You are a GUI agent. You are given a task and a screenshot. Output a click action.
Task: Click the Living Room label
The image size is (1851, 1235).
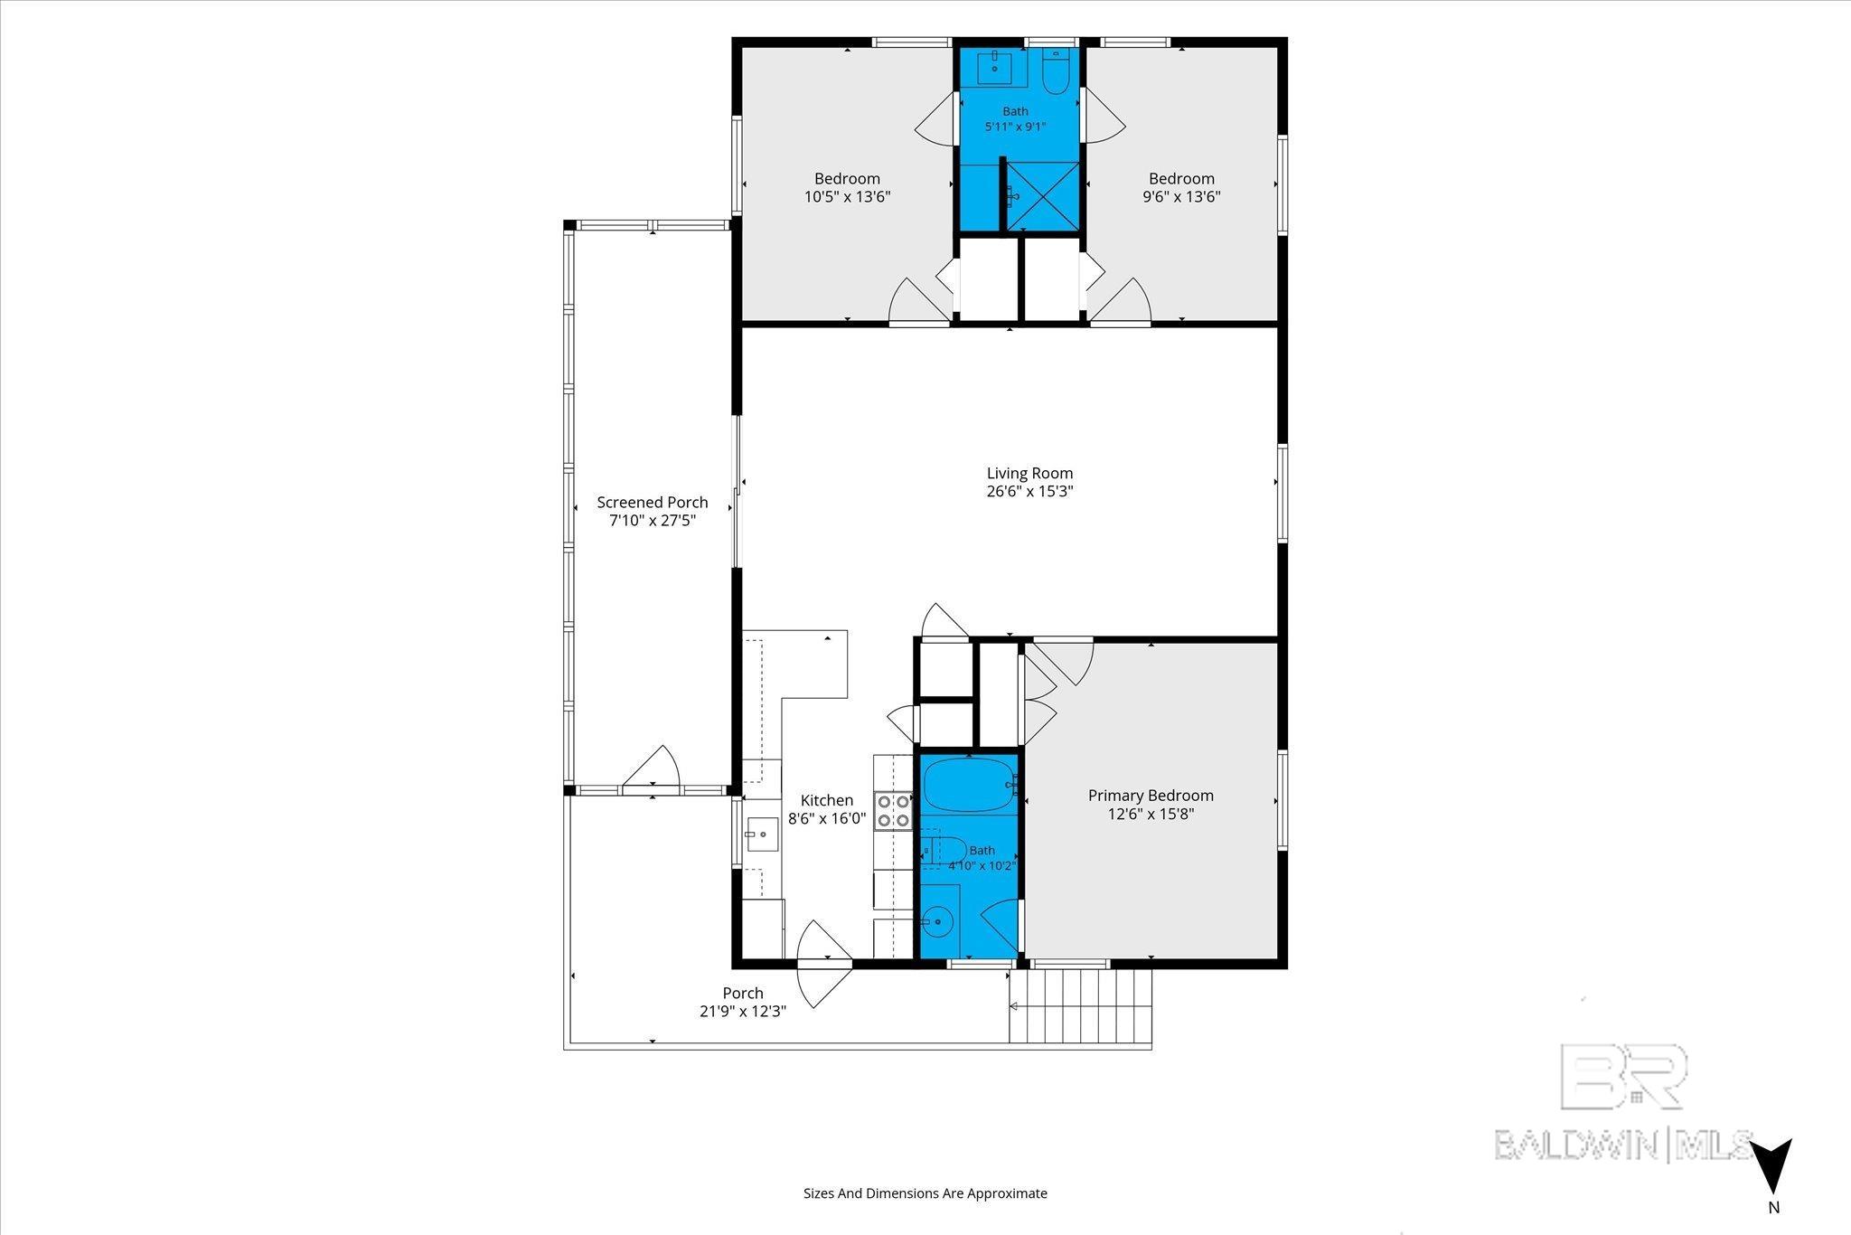[1029, 473]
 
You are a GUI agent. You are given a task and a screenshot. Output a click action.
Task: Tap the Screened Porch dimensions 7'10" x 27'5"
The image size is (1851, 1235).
[653, 521]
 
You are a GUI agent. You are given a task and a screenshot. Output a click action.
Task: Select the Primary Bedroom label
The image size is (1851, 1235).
[1151, 796]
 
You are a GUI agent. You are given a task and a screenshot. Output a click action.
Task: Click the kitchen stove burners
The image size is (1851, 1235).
[893, 810]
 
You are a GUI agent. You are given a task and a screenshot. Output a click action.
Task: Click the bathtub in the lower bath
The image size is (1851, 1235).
[968, 786]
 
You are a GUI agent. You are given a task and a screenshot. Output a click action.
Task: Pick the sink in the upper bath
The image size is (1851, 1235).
[995, 62]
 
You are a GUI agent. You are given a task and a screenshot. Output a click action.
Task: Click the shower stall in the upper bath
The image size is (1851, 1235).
[1043, 196]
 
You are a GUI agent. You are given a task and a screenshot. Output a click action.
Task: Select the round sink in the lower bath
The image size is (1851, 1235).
[938, 921]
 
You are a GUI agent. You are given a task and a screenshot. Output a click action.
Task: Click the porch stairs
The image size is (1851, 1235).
[1081, 1006]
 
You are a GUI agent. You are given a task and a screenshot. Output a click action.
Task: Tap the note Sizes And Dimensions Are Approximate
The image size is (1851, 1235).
[925, 1193]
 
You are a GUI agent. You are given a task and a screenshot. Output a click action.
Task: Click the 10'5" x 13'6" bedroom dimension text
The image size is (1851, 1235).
[848, 197]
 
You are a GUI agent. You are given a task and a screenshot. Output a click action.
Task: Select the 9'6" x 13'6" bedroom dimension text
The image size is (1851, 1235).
[1182, 197]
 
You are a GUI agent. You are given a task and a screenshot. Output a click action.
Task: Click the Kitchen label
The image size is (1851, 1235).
[827, 800]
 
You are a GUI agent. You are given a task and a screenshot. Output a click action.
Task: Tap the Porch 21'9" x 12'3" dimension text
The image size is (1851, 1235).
[743, 1012]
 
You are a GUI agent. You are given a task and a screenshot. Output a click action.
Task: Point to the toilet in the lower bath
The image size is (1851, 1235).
[944, 852]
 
